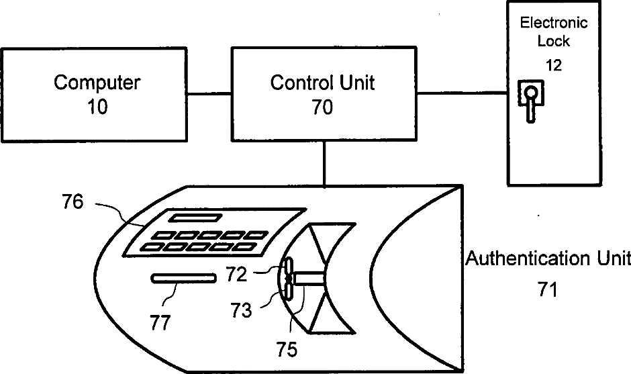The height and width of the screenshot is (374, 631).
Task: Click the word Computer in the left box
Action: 97,83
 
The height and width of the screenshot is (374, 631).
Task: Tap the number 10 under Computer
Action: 97,107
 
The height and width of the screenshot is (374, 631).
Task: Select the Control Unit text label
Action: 322,83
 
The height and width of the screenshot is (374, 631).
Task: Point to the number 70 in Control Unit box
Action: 322,107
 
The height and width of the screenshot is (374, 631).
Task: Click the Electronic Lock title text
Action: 554,32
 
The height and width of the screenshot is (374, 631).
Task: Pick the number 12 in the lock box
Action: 554,65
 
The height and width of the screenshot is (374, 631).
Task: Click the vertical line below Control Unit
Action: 325,162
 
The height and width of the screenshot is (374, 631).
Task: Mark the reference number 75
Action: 287,349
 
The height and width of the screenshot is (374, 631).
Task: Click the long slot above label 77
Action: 183,278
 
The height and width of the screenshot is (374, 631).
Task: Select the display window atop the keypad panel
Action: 194,218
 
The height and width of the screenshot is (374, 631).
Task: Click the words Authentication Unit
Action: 548,259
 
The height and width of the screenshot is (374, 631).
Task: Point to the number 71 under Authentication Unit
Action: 548,289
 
